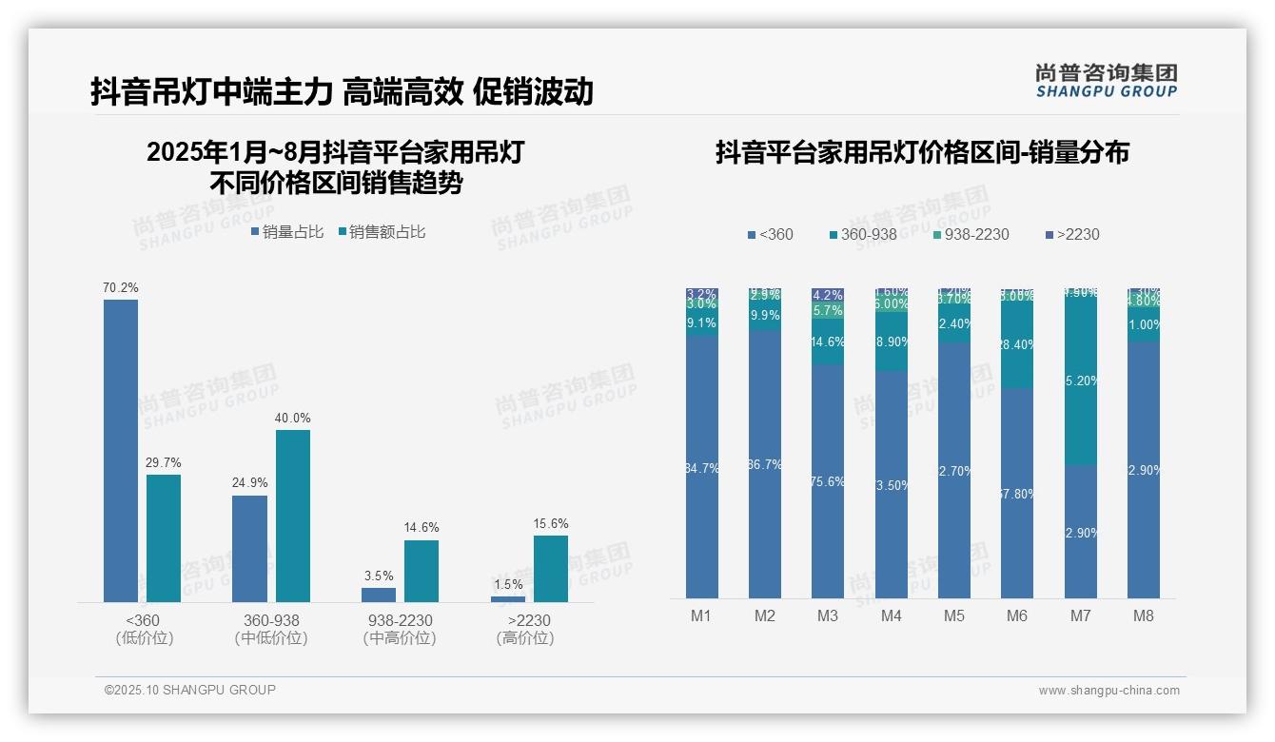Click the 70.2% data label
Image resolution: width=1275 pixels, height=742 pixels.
point(121,287)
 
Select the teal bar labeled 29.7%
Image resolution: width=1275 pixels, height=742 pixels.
point(164,537)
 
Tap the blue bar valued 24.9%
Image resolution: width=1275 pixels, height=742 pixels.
point(249,548)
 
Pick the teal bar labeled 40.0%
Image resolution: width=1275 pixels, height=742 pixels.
point(293,516)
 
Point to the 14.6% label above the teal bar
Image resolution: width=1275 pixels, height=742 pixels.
point(422,528)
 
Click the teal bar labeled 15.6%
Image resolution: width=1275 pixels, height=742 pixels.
point(551,568)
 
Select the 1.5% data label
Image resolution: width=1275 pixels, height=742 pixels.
point(508,584)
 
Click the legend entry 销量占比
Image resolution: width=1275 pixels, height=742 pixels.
point(287,231)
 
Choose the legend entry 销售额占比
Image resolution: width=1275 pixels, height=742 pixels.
point(382,231)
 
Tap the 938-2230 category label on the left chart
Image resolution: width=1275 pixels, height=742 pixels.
point(399,620)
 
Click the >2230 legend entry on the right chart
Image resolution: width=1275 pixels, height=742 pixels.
point(1072,234)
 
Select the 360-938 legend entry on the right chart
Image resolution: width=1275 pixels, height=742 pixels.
point(863,234)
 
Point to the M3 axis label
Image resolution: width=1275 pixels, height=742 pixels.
point(828,615)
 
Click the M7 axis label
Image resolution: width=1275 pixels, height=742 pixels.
point(1080,615)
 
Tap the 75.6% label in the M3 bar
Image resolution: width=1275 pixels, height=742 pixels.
point(828,481)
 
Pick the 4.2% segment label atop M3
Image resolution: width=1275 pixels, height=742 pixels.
point(828,295)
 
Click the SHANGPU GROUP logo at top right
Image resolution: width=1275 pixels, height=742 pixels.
point(1106,80)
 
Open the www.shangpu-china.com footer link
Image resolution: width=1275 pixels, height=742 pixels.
point(1108,691)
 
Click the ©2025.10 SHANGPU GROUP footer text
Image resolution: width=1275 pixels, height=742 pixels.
point(190,690)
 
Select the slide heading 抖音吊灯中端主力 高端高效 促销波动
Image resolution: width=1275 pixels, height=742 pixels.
point(343,91)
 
